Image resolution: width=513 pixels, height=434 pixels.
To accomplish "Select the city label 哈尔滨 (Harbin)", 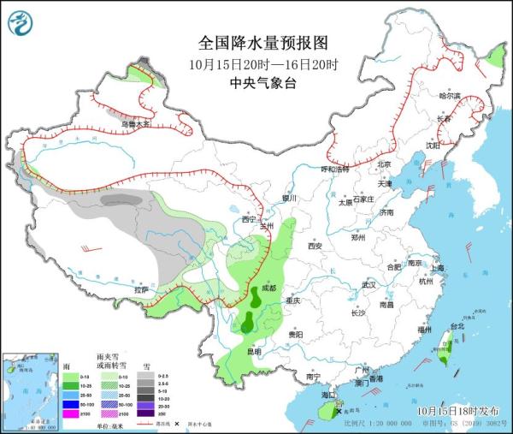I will (450, 95).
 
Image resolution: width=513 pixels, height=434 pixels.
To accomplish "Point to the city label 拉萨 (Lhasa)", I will (141, 289).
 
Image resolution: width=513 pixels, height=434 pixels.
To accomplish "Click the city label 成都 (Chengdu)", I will (269, 288).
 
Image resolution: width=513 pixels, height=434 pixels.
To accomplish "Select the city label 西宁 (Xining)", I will (248, 219).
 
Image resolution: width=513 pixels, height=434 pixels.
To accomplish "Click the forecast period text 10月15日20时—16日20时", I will (263, 63).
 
